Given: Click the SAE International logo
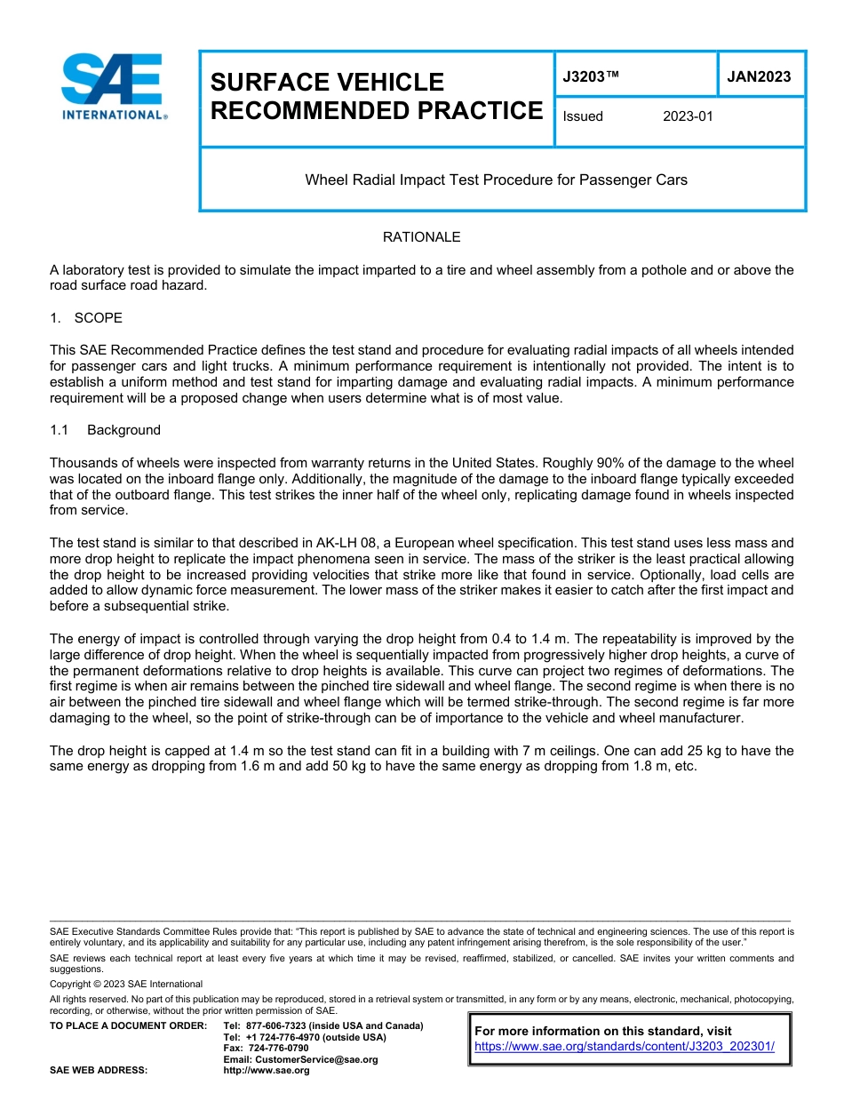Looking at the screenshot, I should click(x=113, y=87).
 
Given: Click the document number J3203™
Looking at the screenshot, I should click(x=590, y=76).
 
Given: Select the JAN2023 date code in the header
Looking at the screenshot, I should click(x=759, y=76).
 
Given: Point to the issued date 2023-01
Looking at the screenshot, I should click(x=688, y=116).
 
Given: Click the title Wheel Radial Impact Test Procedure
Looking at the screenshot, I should click(x=496, y=180).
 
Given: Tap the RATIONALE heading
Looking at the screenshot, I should click(x=421, y=237).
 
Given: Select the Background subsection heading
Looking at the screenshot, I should click(x=123, y=430).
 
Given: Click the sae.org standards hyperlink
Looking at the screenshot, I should click(x=625, y=1046).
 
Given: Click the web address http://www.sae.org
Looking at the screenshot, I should click(x=267, y=1071).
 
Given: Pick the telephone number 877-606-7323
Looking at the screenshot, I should click(x=278, y=1026).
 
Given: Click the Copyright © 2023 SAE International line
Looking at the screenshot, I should click(x=126, y=984).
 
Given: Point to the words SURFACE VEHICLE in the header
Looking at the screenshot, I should click(x=327, y=83).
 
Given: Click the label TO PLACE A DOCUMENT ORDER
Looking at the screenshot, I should click(x=128, y=1026).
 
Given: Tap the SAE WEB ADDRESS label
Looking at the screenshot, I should click(x=99, y=1071).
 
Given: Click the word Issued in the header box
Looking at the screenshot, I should click(x=583, y=116).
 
